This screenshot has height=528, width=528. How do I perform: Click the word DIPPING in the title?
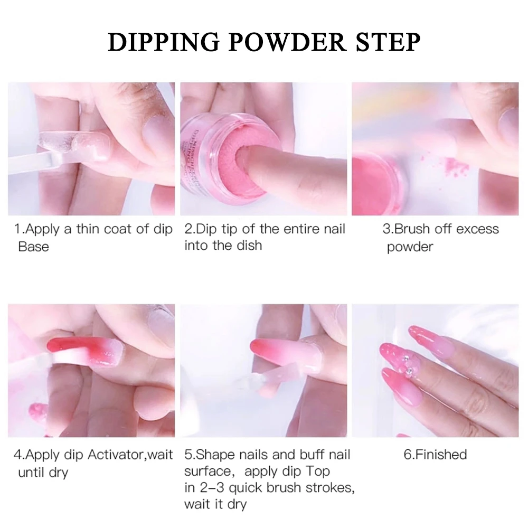164,43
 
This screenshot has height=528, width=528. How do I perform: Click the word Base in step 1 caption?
33,247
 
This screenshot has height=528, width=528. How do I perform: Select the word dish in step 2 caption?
249,246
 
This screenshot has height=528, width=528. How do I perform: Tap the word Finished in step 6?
441,455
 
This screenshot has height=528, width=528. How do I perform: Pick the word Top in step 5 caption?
317,472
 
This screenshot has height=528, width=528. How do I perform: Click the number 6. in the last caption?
409,455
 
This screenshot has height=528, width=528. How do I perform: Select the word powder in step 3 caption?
410,247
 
